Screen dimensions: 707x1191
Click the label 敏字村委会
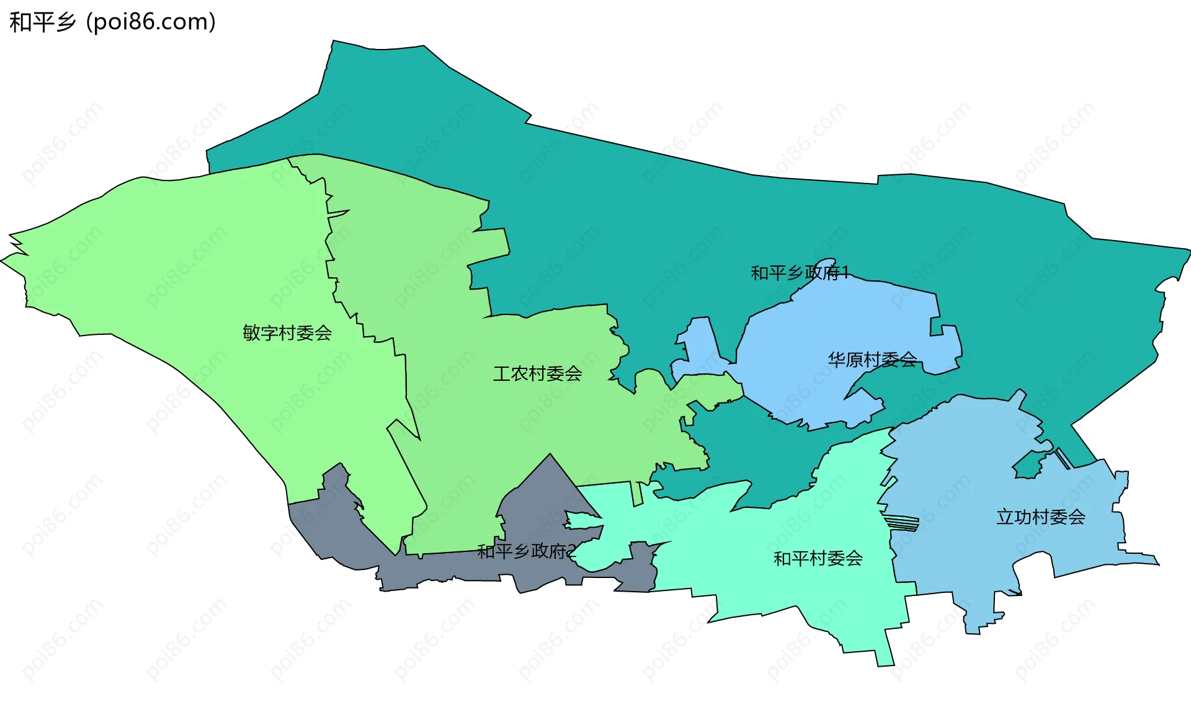(287, 333)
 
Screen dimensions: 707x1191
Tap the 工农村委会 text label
(537, 373)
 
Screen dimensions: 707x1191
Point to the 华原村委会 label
(872, 359)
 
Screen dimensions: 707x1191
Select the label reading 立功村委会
(1040, 517)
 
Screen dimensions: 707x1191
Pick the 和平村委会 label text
(818, 558)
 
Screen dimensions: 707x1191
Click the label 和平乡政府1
(799, 273)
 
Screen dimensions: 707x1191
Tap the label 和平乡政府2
(527, 551)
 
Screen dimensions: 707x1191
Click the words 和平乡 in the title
(42, 22)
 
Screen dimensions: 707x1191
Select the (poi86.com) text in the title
(151, 22)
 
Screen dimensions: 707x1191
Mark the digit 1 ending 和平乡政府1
(844, 273)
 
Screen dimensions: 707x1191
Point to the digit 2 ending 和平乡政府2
(572, 551)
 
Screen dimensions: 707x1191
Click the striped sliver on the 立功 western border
(901, 523)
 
